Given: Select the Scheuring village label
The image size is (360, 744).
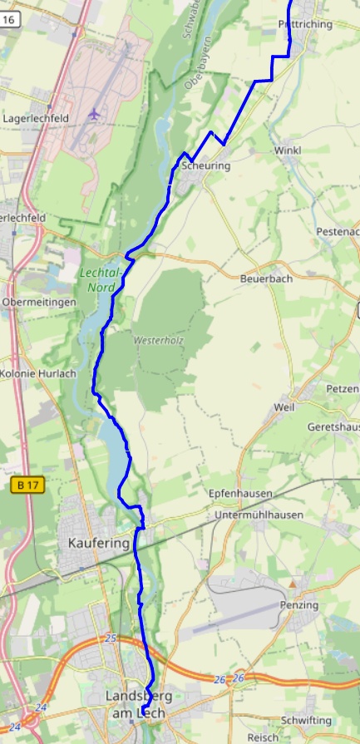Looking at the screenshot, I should click(x=205, y=166).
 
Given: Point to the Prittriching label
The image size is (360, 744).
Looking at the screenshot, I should click(x=306, y=25).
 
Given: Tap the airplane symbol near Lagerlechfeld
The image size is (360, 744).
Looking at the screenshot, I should click(x=94, y=113).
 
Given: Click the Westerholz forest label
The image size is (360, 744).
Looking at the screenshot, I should click(x=158, y=341).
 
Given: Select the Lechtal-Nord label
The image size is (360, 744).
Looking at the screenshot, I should click(x=102, y=280).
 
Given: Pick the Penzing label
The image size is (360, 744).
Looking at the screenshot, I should click(x=299, y=604).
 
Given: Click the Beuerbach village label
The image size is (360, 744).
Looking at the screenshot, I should click(x=266, y=279).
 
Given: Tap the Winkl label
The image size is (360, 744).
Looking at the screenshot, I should click(x=288, y=150).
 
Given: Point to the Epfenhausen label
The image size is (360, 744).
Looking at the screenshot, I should click(x=240, y=493).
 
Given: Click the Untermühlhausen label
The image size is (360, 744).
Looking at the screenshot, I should click(x=258, y=515).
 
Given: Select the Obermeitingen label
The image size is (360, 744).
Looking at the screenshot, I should click(x=38, y=302).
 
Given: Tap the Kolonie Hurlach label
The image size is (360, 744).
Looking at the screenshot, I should click(x=37, y=373).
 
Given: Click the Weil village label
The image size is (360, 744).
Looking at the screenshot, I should click(x=284, y=407).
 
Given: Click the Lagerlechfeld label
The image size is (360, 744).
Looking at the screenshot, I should click(x=36, y=119).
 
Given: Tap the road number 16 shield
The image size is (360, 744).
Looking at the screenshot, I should click(x=9, y=27).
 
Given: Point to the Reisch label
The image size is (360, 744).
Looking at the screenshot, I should click(x=263, y=737).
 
